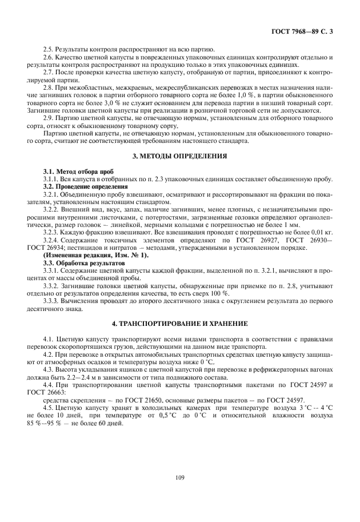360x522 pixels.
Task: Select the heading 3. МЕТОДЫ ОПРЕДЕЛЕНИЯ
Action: coord(179,156)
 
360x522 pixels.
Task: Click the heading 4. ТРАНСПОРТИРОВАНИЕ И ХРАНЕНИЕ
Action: coord(179,324)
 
